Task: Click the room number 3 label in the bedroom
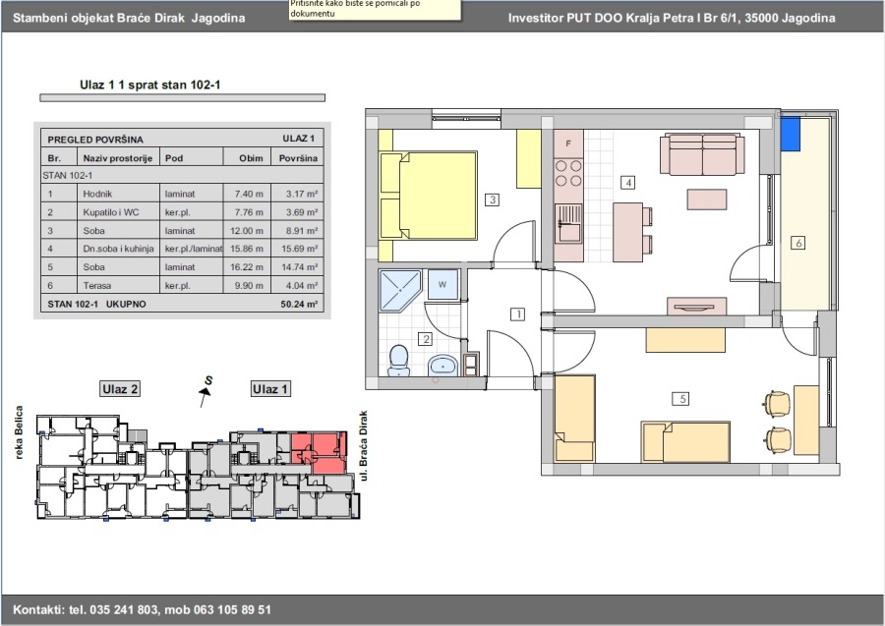point(493,199)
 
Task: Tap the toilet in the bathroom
point(398,361)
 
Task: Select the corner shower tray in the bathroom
point(400,291)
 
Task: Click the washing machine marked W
point(442,285)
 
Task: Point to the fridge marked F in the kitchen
point(568,143)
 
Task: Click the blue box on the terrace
point(791,135)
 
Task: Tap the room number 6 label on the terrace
point(798,243)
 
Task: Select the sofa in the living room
point(702,154)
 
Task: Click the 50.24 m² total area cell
point(299,304)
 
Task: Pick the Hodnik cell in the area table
point(97,194)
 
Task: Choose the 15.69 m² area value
point(299,249)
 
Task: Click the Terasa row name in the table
point(97,286)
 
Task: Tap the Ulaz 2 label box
point(120,389)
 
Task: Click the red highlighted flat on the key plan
point(320,451)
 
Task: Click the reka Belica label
point(20,432)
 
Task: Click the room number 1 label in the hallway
point(517,314)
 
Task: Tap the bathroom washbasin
point(443,366)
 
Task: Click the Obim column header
point(251,158)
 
